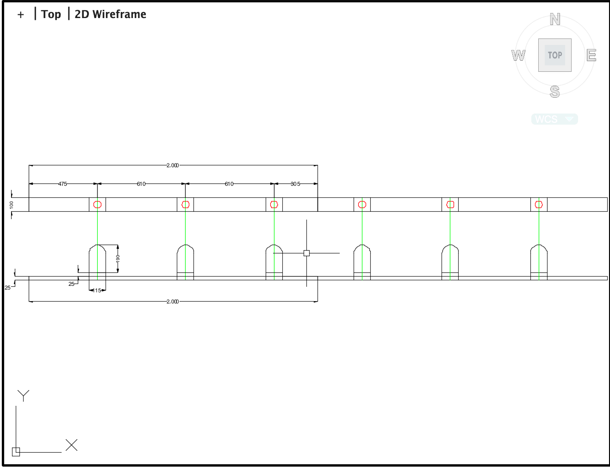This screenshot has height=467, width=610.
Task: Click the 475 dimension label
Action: click(x=62, y=184)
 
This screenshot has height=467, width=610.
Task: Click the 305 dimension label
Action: click(x=295, y=184)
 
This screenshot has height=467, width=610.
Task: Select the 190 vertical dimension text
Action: click(x=118, y=258)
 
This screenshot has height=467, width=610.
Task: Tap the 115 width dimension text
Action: click(x=97, y=290)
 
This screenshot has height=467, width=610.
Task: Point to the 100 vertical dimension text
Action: click(x=12, y=204)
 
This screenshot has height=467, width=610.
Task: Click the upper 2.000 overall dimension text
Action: click(x=172, y=165)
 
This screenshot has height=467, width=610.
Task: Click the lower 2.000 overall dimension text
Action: click(x=172, y=302)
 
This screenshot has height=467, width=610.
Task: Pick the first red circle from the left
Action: click(x=97, y=204)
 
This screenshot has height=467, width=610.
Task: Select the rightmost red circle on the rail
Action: click(x=539, y=204)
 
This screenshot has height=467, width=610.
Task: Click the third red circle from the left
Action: click(x=274, y=204)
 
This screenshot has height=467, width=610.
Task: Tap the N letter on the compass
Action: click(x=555, y=19)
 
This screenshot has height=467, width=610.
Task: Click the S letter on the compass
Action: click(x=555, y=92)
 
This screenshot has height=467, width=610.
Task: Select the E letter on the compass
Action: click(x=591, y=56)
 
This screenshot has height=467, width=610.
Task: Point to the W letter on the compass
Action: click(x=518, y=56)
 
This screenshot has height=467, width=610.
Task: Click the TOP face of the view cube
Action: click(x=555, y=55)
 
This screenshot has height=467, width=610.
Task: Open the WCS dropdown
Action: click(x=554, y=119)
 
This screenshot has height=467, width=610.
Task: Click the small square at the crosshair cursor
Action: click(x=306, y=253)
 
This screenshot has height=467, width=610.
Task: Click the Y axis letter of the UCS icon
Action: click(x=23, y=396)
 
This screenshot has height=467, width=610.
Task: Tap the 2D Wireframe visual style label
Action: click(x=110, y=14)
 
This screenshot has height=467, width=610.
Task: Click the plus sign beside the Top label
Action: click(x=20, y=15)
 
